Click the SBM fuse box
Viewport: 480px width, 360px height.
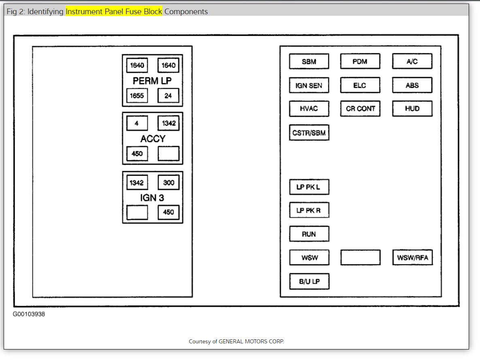[x=309, y=62]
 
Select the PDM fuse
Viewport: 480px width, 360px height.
[x=360, y=62]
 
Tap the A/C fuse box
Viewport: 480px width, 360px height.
[x=412, y=62]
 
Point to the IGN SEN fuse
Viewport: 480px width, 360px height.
[x=309, y=85]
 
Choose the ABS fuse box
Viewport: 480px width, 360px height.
[x=412, y=85]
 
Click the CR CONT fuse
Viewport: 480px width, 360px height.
[x=360, y=109]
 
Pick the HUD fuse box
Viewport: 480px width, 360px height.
[x=412, y=109]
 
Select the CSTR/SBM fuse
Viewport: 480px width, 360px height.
[x=309, y=132]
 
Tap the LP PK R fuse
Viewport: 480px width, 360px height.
[x=309, y=211]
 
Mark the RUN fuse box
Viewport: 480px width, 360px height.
[x=309, y=234]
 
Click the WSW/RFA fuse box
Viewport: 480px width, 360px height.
[x=412, y=258]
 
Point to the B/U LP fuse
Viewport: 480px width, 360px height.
[x=309, y=281]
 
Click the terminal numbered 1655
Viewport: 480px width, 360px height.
[x=137, y=96]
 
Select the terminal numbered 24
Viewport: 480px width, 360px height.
[x=168, y=96]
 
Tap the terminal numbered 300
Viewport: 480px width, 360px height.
[x=168, y=183]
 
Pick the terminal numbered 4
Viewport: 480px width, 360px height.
[x=137, y=123]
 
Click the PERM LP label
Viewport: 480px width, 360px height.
[x=152, y=81]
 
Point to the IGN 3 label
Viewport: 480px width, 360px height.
[x=152, y=198]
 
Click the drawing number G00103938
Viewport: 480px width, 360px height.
[x=29, y=314]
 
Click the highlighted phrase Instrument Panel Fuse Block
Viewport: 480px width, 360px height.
[x=114, y=11]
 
